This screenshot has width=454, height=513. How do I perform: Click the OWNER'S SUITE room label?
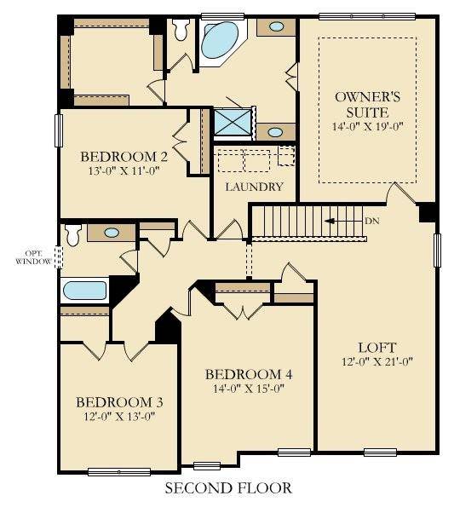coord(368,105)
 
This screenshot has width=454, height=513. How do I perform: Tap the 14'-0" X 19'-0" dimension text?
coord(368,126)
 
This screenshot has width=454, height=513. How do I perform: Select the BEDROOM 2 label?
coord(124,157)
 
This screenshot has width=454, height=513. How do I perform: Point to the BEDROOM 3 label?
coord(119,402)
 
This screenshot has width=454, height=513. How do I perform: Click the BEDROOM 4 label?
coord(250,374)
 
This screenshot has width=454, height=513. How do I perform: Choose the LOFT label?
coord(377,347)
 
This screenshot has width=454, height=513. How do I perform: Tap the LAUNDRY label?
coord(253,186)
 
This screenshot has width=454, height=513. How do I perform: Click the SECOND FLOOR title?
coord(227,488)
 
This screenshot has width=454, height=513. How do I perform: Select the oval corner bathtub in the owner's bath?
coord(221,39)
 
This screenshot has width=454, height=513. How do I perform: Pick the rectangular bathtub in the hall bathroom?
coord(84,290)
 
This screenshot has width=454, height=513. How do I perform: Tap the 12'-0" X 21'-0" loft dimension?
coord(377,362)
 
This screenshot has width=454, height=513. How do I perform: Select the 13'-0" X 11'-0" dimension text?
coord(124,171)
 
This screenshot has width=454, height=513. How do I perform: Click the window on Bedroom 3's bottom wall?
coord(119,471)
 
